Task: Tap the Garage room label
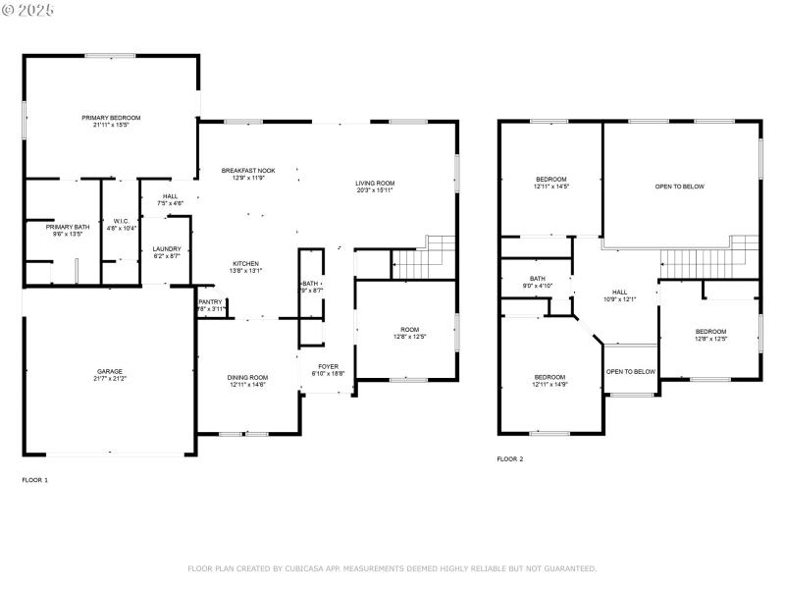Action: (110, 371)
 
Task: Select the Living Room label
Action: (375, 183)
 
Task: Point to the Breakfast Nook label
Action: (247, 171)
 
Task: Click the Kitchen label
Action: (245, 264)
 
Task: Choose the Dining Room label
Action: (248, 377)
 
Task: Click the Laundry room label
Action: (166, 248)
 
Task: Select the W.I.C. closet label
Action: (122, 221)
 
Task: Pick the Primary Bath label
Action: (66, 227)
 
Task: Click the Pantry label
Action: (211, 301)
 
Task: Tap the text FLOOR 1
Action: (34, 480)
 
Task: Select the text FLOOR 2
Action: (509, 458)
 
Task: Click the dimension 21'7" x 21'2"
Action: (110, 378)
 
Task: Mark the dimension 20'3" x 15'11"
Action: (375, 189)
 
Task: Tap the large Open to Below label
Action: (680, 187)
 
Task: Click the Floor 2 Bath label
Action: (538, 279)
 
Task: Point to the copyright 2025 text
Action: (28, 9)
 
